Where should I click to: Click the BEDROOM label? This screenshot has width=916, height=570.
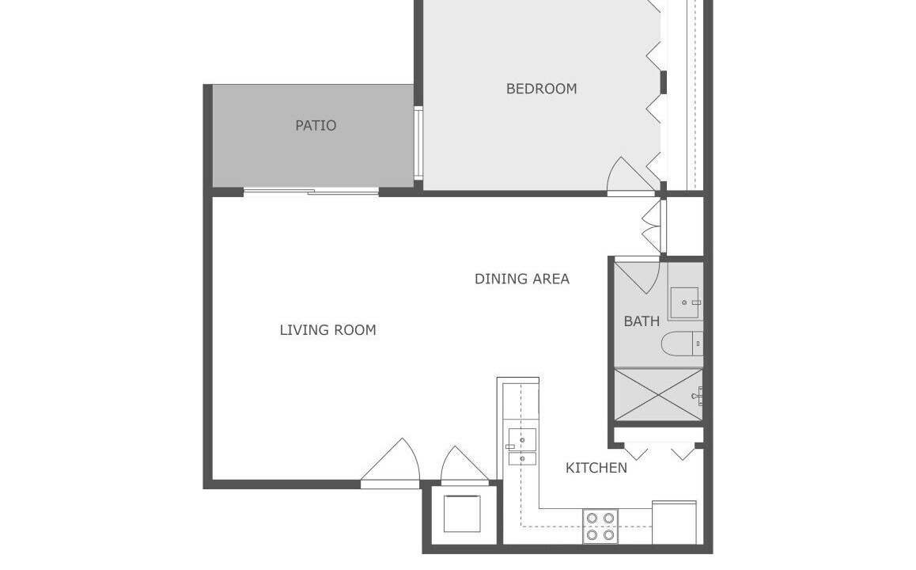coord(541,89)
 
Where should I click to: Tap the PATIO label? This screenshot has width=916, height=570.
coord(316,126)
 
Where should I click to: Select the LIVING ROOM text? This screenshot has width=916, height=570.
coord(327,330)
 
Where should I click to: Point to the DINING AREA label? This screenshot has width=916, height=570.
coord(521,279)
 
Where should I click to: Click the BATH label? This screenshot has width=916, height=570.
coord(642,321)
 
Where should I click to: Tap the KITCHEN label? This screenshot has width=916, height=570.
coord(596,468)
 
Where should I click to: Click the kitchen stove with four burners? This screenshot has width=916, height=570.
coord(600,526)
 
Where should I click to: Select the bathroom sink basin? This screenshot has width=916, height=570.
coord(685,303)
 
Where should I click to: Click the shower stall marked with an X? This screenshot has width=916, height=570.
coord(659,394)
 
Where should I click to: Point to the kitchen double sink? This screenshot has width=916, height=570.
coord(521,446)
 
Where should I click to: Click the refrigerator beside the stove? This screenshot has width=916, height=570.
coord(674,522)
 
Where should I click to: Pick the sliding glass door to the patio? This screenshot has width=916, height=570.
coord(311,191)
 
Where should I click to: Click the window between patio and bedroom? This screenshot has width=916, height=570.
coord(418,143)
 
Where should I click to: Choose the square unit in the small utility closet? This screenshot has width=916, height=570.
coord(462,513)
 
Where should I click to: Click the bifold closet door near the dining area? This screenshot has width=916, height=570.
coord(654,226)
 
